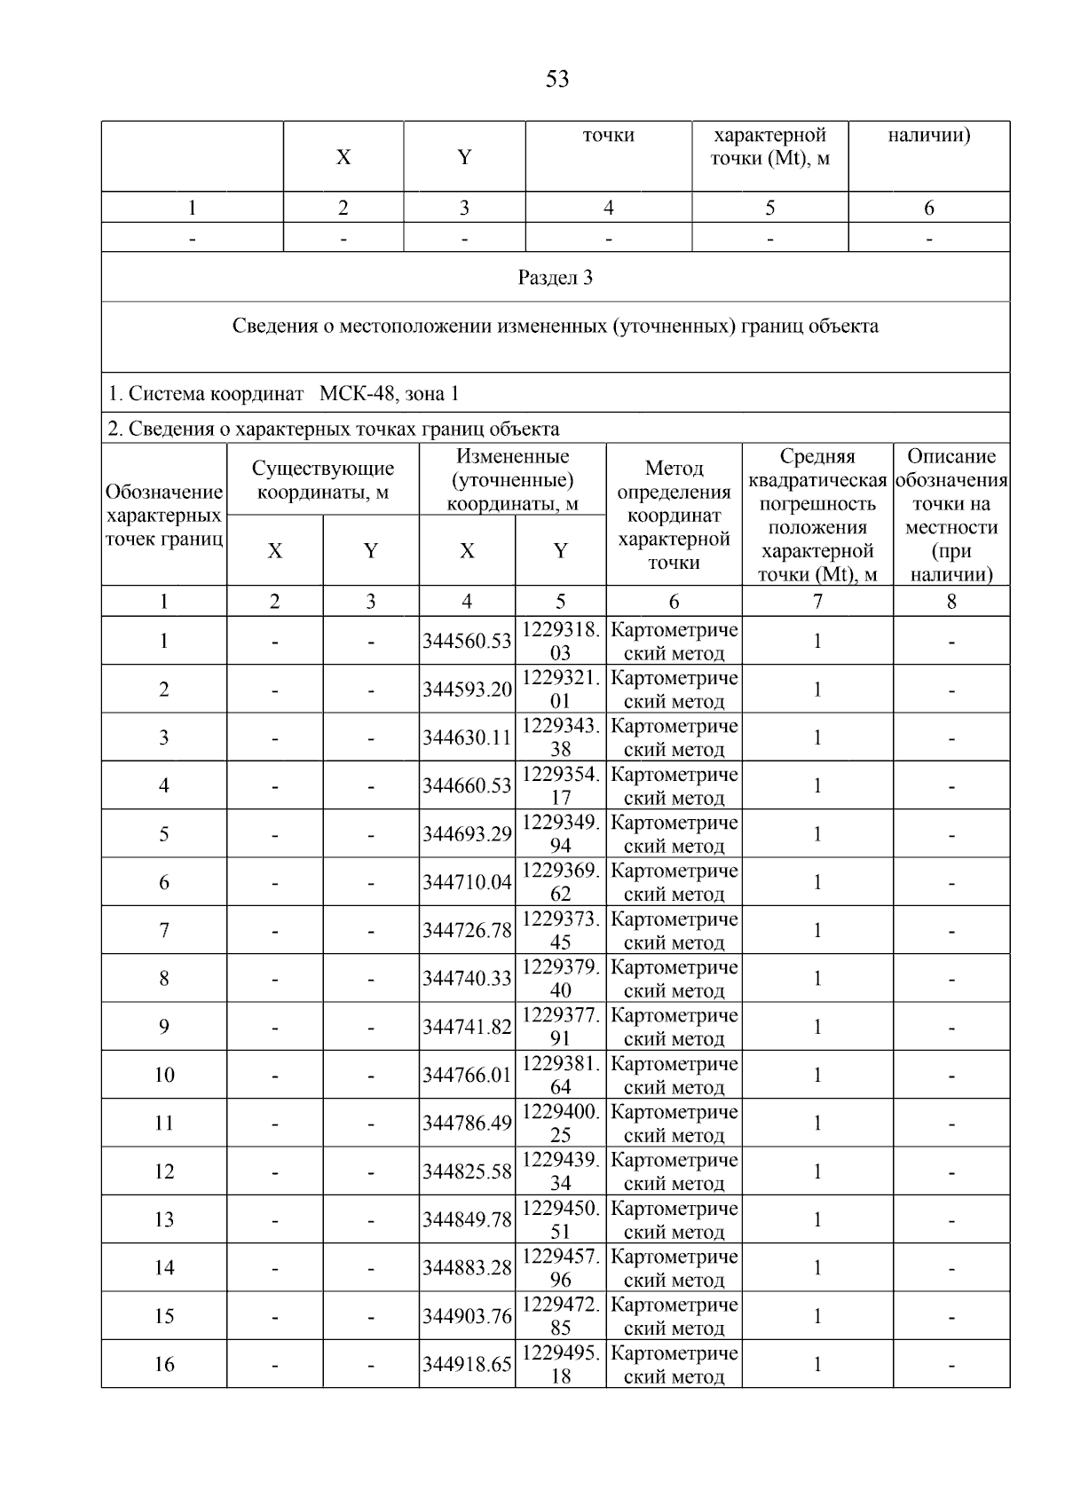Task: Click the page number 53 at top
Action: [x=556, y=80]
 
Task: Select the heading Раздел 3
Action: [x=556, y=278]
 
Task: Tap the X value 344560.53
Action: [x=467, y=641]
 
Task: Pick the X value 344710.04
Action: [x=467, y=882]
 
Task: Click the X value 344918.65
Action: [x=467, y=1364]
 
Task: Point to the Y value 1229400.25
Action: [x=560, y=1123]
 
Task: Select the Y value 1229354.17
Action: [x=560, y=785]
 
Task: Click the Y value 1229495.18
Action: [x=560, y=1364]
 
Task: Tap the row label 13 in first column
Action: [x=164, y=1219]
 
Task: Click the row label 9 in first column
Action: [x=164, y=1027]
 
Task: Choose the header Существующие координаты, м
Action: [x=323, y=480]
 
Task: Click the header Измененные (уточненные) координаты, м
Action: [x=512, y=480]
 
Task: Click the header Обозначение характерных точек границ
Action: [x=164, y=515]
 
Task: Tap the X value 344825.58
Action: [x=467, y=1171]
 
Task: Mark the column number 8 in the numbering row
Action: [x=951, y=602]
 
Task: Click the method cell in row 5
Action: [x=674, y=834]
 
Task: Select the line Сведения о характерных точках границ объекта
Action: [x=334, y=430]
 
